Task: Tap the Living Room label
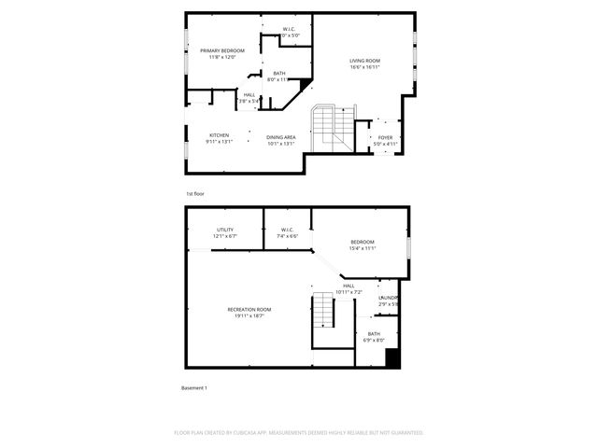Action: pyautogui.click(x=365, y=61)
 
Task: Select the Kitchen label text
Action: pyautogui.click(x=220, y=136)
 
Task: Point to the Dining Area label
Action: pyautogui.click(x=281, y=137)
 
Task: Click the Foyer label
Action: pyautogui.click(x=385, y=137)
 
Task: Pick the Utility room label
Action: pyautogui.click(x=225, y=230)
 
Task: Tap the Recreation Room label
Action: pyautogui.click(x=249, y=310)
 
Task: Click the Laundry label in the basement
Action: pyautogui.click(x=389, y=297)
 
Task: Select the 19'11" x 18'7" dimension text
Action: pyautogui.click(x=249, y=316)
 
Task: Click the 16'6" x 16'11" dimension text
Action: pyautogui.click(x=365, y=67)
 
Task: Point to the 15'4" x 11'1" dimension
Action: pyautogui.click(x=363, y=249)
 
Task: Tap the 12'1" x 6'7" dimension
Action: pyautogui.click(x=225, y=236)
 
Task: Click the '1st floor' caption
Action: pyautogui.click(x=195, y=193)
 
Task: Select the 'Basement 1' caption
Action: pyautogui.click(x=193, y=387)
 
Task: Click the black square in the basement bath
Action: pyautogui.click(x=392, y=357)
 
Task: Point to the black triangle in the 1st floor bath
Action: pyautogui.click(x=305, y=84)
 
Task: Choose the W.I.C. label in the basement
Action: pyautogui.click(x=286, y=230)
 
